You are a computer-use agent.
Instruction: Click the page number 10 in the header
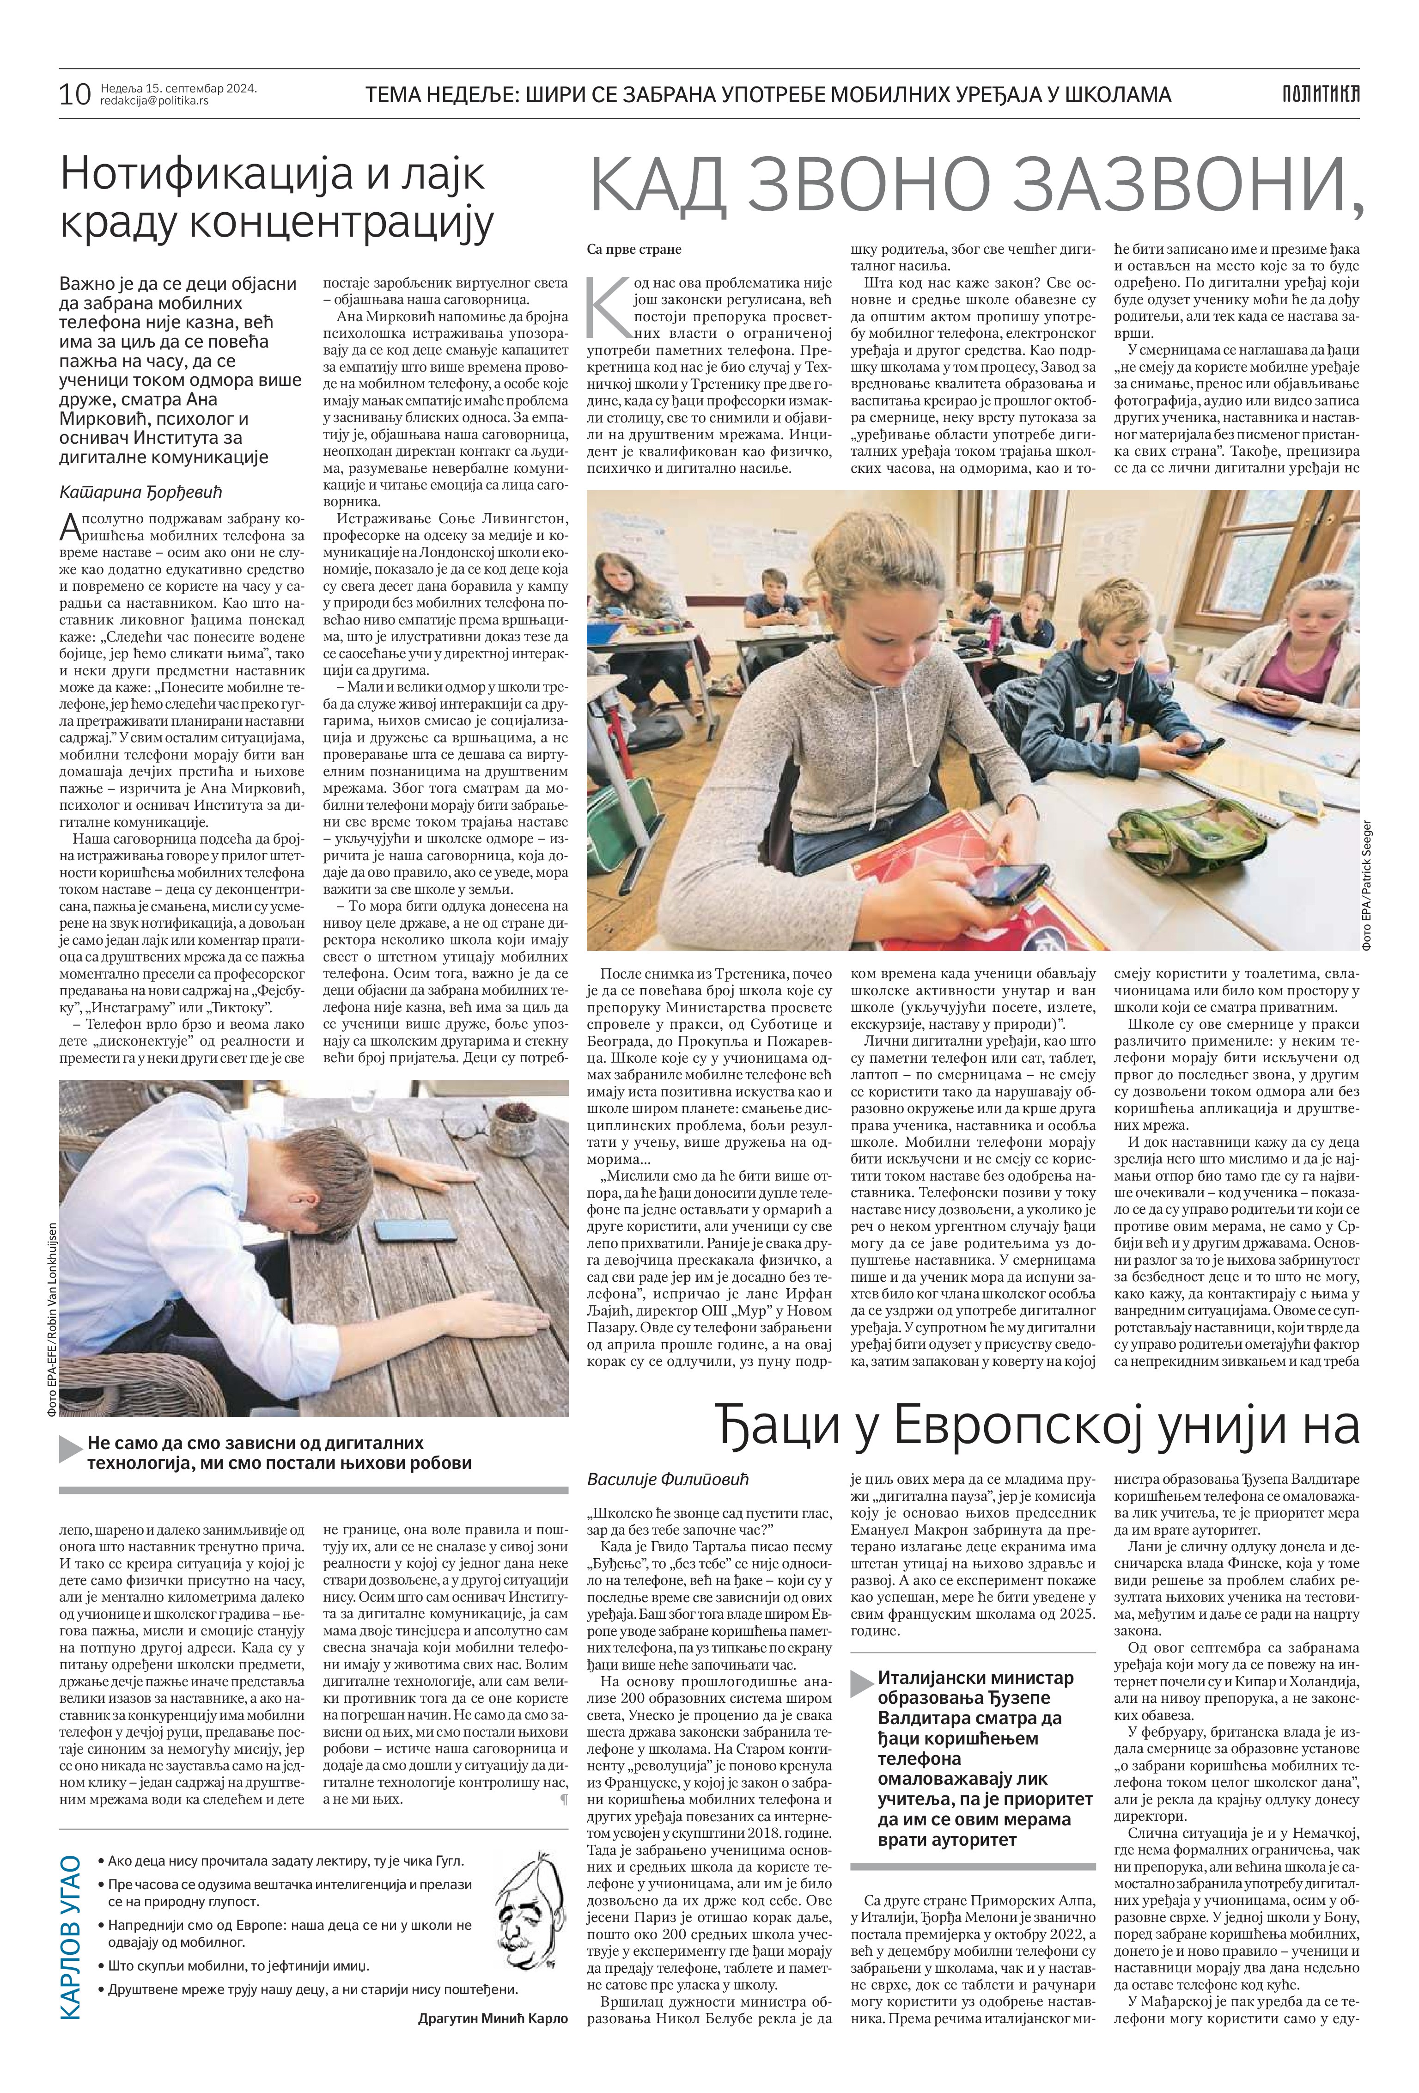(75, 93)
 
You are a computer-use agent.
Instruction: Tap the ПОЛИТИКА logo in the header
(1320, 93)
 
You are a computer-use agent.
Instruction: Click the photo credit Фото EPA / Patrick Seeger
(1367, 882)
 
